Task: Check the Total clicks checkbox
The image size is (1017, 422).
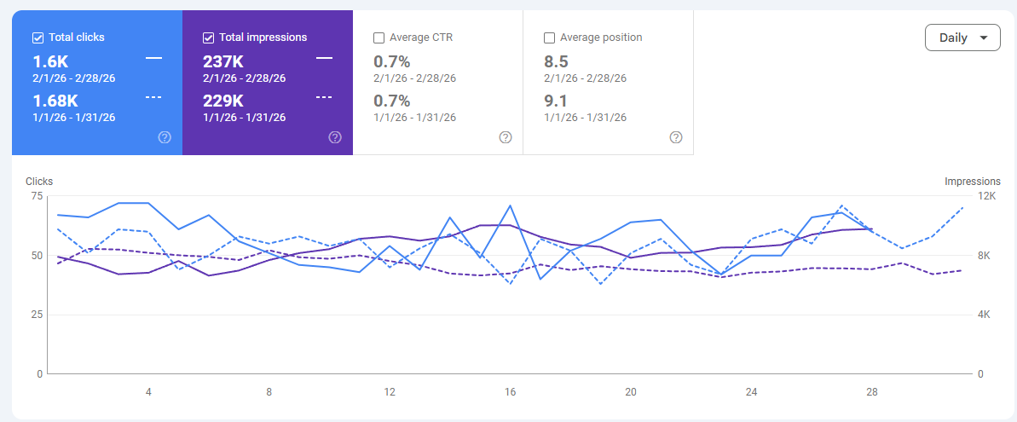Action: [x=38, y=38]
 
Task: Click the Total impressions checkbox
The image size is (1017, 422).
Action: [x=208, y=38]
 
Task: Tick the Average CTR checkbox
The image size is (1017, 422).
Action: [x=378, y=38]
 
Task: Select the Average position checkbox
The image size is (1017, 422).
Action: [x=549, y=38]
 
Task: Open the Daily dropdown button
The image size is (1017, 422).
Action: [x=962, y=38]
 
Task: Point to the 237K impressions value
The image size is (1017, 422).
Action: [x=222, y=61]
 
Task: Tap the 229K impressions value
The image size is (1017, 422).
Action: [x=222, y=101]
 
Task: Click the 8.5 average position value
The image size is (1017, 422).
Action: [x=556, y=61]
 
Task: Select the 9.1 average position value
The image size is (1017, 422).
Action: [x=556, y=101]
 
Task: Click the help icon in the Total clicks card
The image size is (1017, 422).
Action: [x=165, y=137]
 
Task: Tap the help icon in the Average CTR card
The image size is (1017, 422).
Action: [x=506, y=137]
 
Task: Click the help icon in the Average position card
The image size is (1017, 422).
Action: [x=676, y=137]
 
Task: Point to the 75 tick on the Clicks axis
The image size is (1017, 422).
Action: [x=36, y=196]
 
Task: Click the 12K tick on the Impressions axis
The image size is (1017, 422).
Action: [x=986, y=196]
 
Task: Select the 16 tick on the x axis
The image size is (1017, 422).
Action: [x=510, y=392]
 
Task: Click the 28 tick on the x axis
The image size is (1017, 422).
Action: [x=871, y=392]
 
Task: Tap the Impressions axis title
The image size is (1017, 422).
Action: [x=972, y=182]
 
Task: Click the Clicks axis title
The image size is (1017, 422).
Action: [x=39, y=182]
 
